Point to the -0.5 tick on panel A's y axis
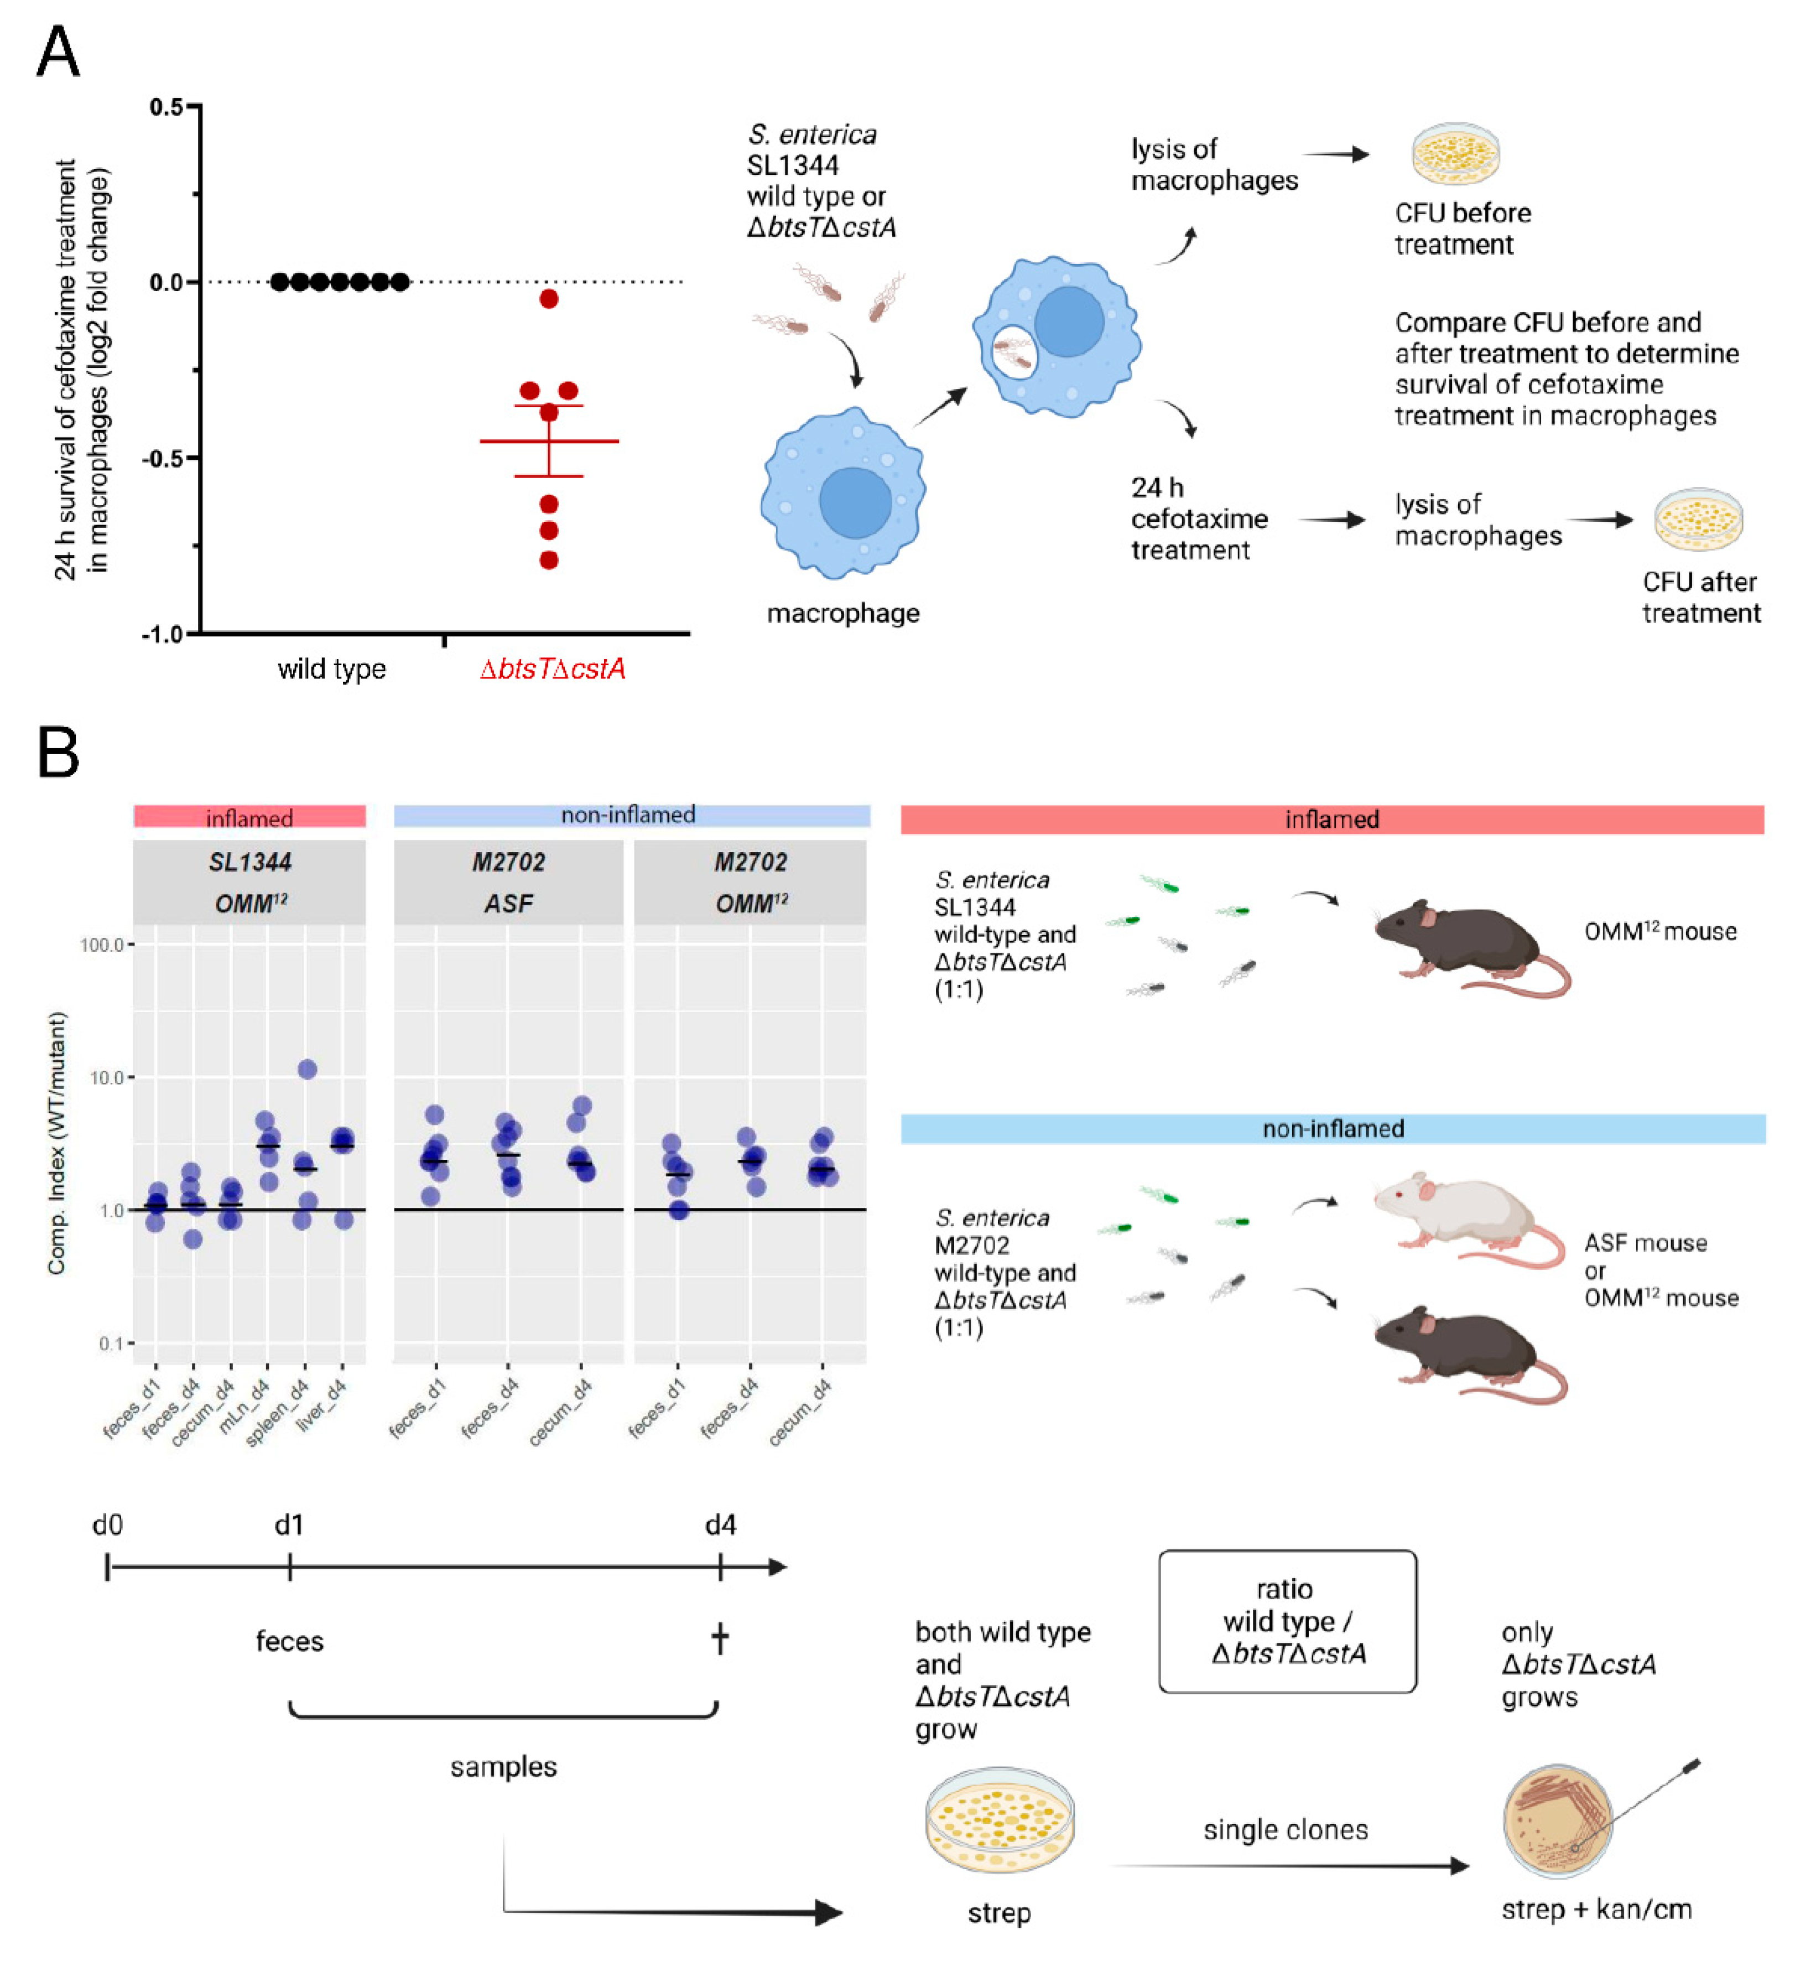pyautogui.click(x=166, y=458)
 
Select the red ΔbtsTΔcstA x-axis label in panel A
pyautogui.click(x=552, y=669)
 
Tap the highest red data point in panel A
pyautogui.click(x=549, y=299)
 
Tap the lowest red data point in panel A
pyautogui.click(x=549, y=561)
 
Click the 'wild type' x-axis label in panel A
pyautogui.click(x=331, y=669)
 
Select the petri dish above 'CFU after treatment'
pyautogui.click(x=1698, y=519)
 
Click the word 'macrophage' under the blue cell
pyautogui.click(x=842, y=614)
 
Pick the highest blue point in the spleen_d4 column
pyautogui.click(x=307, y=1070)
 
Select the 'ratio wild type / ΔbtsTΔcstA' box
pyautogui.click(x=1287, y=1621)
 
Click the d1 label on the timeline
pyautogui.click(x=289, y=1525)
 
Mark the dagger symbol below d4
pyautogui.click(x=720, y=1640)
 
